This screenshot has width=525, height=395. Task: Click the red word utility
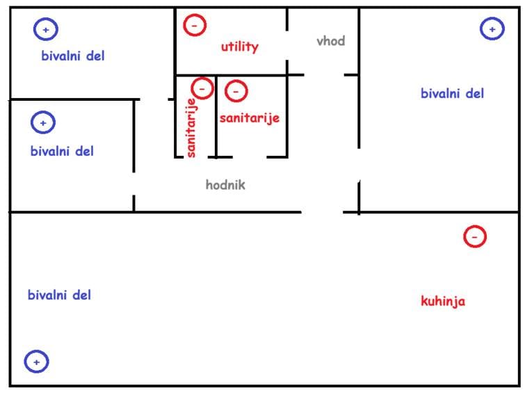point(239,47)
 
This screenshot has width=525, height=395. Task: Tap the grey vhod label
point(330,41)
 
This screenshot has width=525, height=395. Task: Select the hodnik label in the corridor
point(225,185)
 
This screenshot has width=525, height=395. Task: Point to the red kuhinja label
point(443,301)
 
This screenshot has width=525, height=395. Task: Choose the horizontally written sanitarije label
point(249,118)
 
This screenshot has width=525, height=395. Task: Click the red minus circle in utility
point(194,26)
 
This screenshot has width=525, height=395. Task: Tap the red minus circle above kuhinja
point(474,236)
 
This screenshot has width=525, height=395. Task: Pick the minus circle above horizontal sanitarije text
point(236,90)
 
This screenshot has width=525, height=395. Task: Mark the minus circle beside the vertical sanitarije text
point(202,88)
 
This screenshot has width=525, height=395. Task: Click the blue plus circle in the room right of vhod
point(492,29)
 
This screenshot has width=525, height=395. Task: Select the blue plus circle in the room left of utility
point(46,30)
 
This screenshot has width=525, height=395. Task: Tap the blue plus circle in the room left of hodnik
point(43,123)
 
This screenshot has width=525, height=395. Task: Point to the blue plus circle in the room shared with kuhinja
point(36,362)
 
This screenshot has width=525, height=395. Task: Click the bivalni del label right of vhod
point(452,93)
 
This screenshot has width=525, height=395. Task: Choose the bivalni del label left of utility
point(72,56)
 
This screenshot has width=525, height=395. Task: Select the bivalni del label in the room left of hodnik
point(62,151)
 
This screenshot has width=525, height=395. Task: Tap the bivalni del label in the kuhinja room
point(59,295)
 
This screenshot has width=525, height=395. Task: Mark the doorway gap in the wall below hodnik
point(323,211)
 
